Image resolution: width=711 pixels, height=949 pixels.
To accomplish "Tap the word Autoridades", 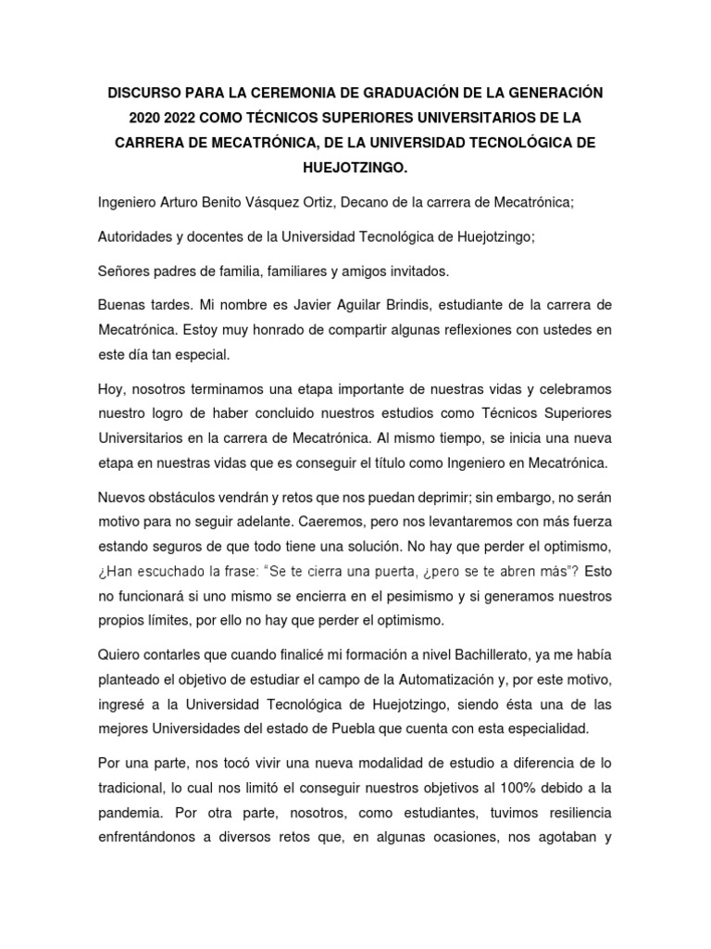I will pos(139,236).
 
